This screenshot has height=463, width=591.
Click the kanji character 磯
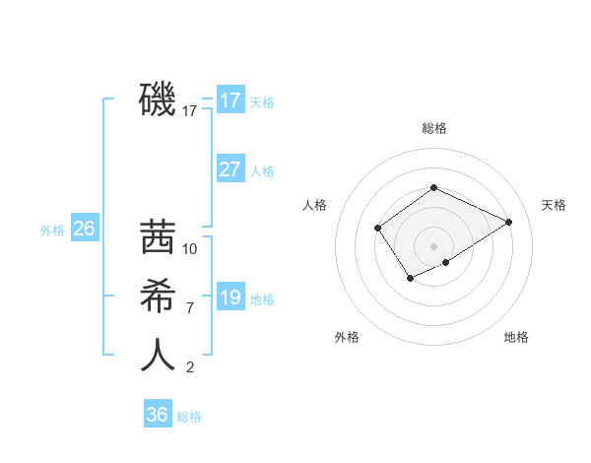coord(158,99)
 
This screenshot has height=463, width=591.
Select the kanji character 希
coord(158,296)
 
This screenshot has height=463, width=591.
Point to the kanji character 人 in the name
coord(158,355)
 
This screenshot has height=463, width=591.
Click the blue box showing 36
coord(158,415)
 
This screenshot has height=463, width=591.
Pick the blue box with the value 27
coord(230,169)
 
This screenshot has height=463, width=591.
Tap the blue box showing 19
coord(230,297)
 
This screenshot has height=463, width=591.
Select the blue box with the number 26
coord(84,229)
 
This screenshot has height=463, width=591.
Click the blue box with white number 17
coord(230,100)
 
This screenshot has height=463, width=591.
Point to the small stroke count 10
coord(191,249)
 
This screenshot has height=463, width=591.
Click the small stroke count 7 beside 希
coord(190,308)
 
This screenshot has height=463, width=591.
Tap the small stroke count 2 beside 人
coord(190,367)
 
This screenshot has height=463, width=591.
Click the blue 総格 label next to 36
coord(189,417)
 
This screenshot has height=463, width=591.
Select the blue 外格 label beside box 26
coord(52,231)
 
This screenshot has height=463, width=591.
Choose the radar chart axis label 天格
coord(554,205)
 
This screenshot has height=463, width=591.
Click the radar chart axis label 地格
coord(516,337)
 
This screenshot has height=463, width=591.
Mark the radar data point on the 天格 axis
coord(509,222)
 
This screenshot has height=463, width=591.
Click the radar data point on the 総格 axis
coord(433,188)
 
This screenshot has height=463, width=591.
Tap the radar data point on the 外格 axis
coord(410,280)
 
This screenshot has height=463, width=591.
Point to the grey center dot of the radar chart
coord(433,246)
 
